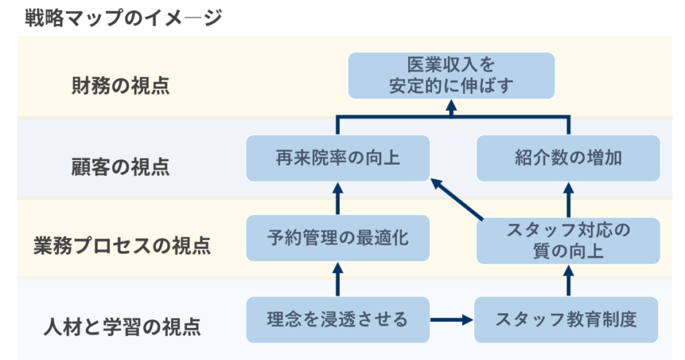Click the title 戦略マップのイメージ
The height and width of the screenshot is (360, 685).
point(124,18)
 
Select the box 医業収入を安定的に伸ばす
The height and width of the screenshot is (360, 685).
point(452,76)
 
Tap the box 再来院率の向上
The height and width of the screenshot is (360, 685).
point(338,158)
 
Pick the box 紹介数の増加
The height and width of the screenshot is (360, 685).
point(568,158)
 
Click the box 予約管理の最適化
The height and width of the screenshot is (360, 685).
point(338,238)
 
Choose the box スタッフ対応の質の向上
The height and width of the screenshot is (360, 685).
point(568,241)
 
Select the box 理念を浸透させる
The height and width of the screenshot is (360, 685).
point(338,320)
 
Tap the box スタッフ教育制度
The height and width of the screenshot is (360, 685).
point(566,320)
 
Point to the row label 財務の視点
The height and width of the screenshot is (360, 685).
point(120,85)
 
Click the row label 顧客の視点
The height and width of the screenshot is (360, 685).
point(120,167)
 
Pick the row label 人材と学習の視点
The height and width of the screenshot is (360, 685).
point(122,327)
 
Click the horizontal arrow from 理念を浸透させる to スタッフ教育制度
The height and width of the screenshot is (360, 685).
point(452,320)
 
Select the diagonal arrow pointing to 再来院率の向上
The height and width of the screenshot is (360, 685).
point(457,199)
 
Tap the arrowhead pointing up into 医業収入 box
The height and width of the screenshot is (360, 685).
point(452,106)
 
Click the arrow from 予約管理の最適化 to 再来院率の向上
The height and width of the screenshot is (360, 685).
point(338,198)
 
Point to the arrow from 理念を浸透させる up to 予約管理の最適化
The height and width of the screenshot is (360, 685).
point(338,279)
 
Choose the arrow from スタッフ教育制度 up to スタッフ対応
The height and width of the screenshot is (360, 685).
point(569,281)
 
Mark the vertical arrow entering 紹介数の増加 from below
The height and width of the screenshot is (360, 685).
point(569,199)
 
